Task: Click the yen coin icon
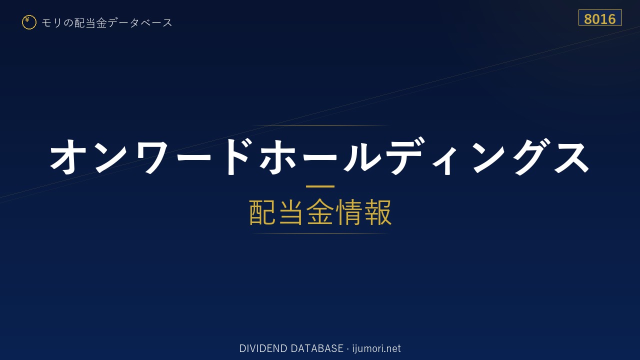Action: point(29,22)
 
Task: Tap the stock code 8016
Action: point(599,19)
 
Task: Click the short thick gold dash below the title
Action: point(320,186)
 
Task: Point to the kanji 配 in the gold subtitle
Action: point(262,212)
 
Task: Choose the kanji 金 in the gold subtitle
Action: point(319,212)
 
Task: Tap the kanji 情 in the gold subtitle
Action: point(348,212)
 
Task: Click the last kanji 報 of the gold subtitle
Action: point(377,212)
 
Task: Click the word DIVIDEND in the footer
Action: point(263,348)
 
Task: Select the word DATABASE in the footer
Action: point(317,348)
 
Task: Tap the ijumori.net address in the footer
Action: point(376,349)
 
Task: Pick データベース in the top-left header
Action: point(140,22)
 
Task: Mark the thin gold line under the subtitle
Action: point(320,233)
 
